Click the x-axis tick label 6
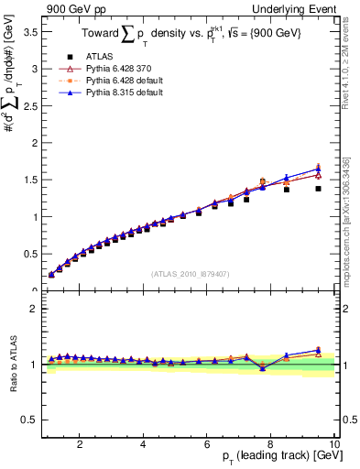[x=208, y=445]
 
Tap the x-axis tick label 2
[x=81, y=445]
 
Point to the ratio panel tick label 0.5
[x=28, y=420]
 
